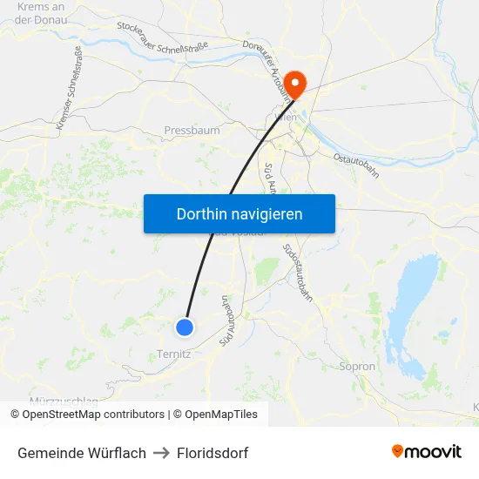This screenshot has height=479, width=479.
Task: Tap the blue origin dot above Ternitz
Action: pos(185,327)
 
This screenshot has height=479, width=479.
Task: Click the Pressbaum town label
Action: pos(192,131)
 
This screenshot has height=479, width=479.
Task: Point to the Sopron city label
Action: pos(357,367)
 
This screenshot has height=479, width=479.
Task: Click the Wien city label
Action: pos(286,116)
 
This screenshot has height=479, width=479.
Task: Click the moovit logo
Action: pos(426,452)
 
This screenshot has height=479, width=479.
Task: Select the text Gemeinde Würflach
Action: pos(82,453)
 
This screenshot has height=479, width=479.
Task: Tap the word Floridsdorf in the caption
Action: pos(213,453)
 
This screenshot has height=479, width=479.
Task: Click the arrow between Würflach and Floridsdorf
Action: pos(161,453)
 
